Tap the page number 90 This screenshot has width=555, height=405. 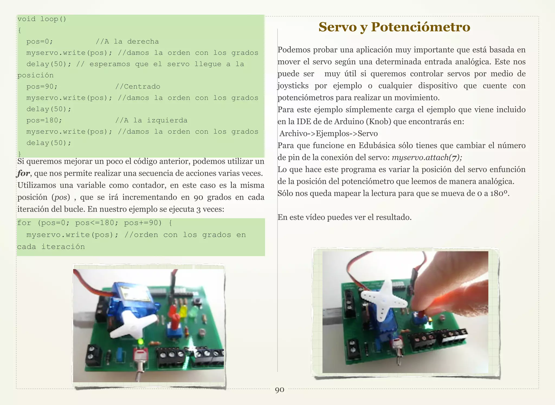pyautogui.click(x=279, y=390)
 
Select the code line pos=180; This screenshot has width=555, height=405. pyautogui.click(x=44, y=120)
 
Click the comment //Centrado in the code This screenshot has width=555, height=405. pyautogui.click(x=138, y=87)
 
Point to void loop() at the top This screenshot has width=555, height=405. pyautogui.click(x=42, y=19)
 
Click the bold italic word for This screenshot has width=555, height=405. pyautogui.click(x=23, y=173)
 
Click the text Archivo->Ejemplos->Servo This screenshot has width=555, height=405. pyautogui.click(x=328, y=133)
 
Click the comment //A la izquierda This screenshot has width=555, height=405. pyautogui.click(x=151, y=120)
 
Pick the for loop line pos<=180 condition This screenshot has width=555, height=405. pyautogui.click(x=96, y=223)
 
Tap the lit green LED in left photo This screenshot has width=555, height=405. pyautogui.click(x=140, y=341)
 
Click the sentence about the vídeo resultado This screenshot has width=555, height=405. pyautogui.click(x=344, y=217)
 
